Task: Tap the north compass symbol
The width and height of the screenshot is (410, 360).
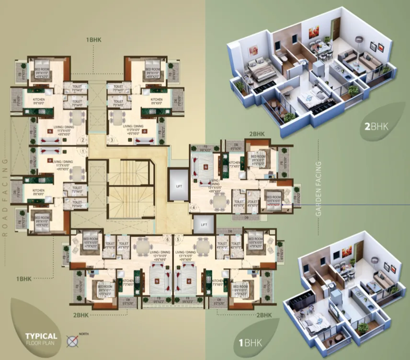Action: [73, 341]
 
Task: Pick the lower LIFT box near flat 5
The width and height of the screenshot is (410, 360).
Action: [204, 224]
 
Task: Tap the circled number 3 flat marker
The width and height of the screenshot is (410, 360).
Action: [112, 140]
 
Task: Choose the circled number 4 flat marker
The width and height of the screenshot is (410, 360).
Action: [194, 208]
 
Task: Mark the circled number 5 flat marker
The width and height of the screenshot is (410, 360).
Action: [178, 239]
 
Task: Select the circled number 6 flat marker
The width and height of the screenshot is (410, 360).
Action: [168, 239]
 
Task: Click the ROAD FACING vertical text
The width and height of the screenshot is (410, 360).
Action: [5, 197]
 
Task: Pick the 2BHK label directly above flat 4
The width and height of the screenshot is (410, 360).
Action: [257, 134]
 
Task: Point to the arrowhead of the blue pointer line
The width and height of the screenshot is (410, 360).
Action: [283, 205]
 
